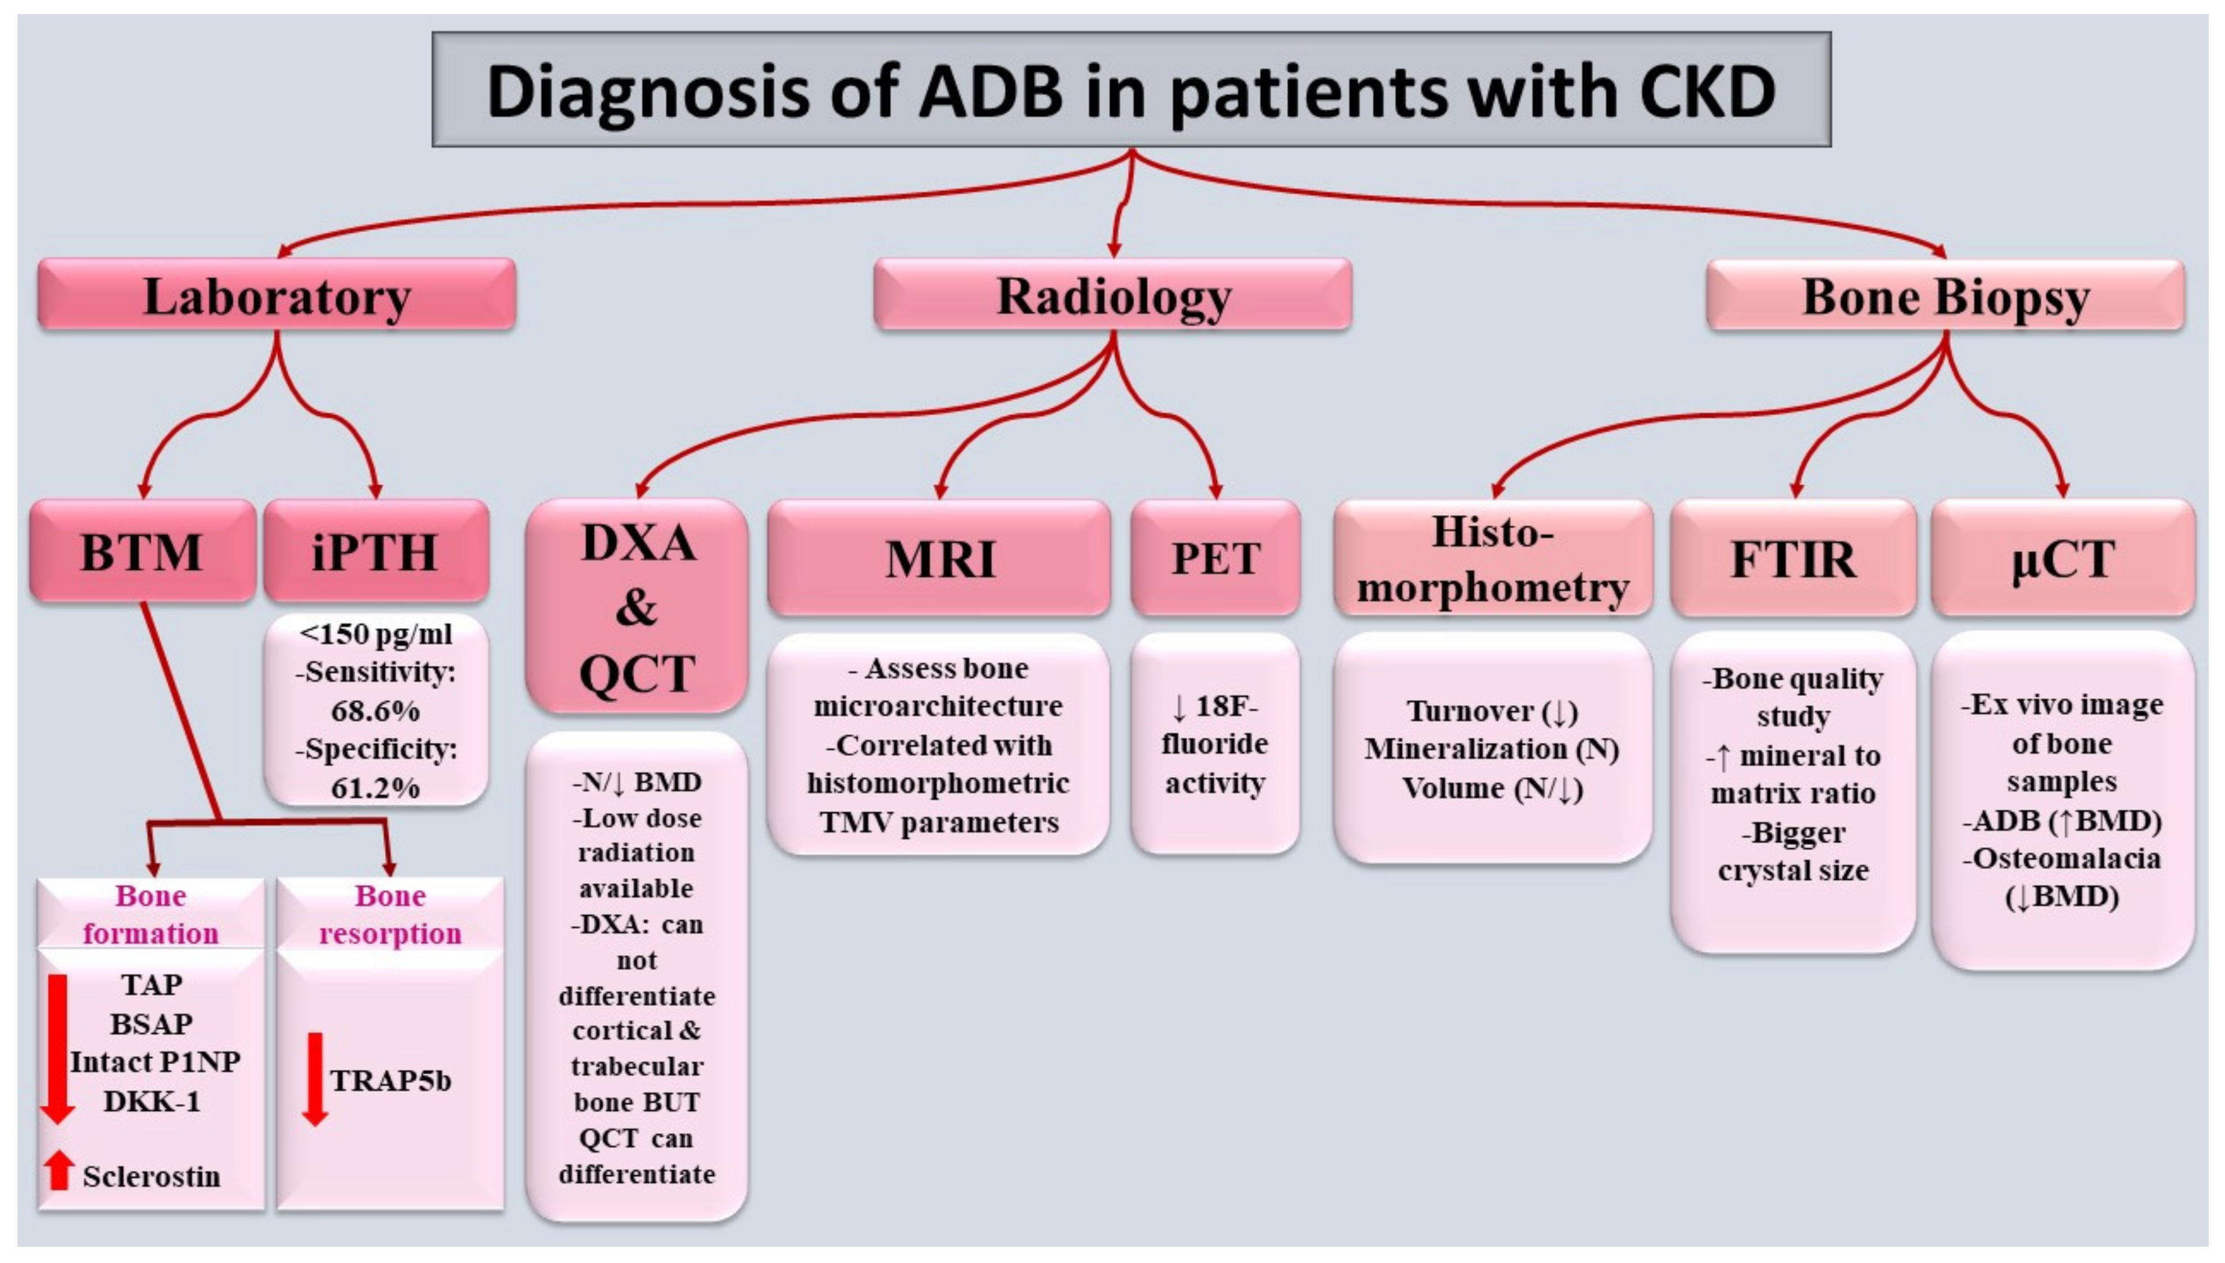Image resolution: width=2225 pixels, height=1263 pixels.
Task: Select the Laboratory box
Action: pos(276,296)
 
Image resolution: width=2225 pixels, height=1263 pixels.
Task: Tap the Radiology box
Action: pos(1113,296)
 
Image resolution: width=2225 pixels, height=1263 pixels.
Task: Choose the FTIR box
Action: pos(1793,558)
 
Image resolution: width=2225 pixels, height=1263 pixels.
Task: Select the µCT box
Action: pos(2063,558)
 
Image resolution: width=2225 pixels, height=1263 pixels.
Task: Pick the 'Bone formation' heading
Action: pos(151,914)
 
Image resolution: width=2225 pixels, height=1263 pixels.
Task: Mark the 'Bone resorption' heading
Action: pos(390,914)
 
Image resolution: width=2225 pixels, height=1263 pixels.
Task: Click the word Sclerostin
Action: pos(152,1176)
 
